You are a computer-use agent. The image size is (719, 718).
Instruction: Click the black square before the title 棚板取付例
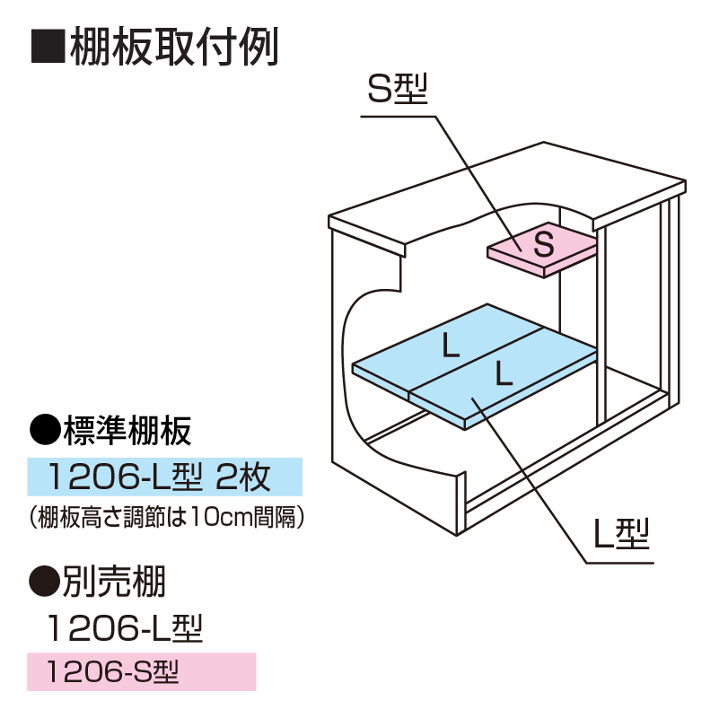pos(48,47)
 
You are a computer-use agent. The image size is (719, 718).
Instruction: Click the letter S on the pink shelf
pos(543,243)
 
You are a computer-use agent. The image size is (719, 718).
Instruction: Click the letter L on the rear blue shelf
pos(451,346)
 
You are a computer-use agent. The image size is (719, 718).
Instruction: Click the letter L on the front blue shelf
pos(504,373)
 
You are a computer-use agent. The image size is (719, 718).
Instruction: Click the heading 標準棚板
pos(127,433)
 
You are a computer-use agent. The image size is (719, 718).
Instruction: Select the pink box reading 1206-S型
pos(141,670)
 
